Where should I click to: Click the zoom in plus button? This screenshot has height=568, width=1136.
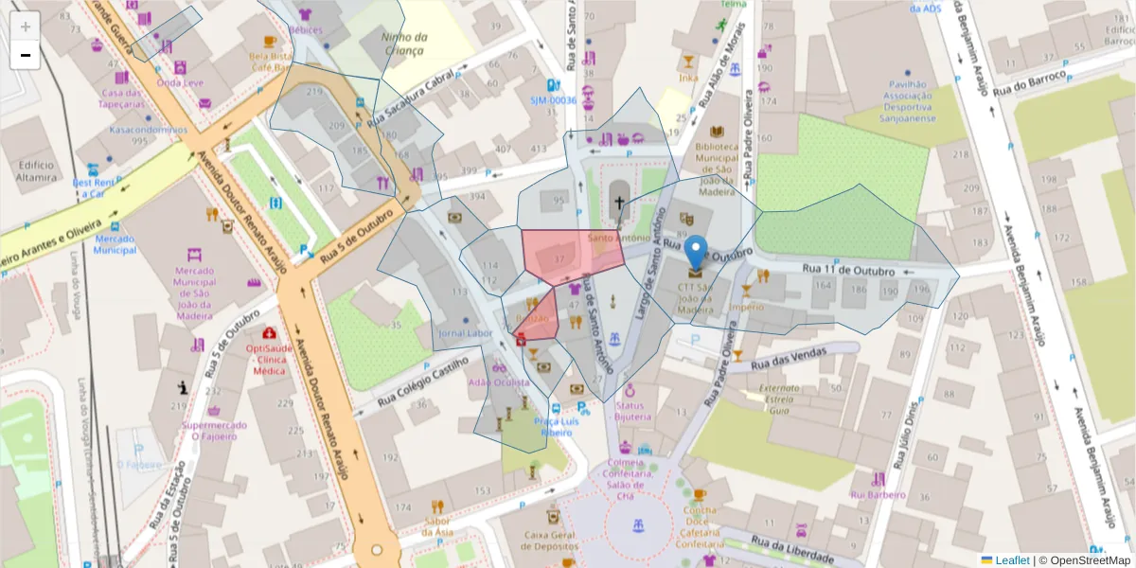point(26,27)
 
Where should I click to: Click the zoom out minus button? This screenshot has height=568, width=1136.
point(26,55)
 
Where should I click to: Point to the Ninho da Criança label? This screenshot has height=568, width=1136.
point(404,43)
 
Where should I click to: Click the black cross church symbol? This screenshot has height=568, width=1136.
point(619,202)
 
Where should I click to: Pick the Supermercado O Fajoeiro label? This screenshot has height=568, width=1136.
point(214,430)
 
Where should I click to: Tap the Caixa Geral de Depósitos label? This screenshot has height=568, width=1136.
point(549,541)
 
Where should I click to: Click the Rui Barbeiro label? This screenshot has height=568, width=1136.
point(878,494)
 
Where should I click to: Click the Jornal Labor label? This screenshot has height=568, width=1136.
point(466,333)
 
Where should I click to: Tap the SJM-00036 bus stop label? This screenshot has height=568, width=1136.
point(553,99)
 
